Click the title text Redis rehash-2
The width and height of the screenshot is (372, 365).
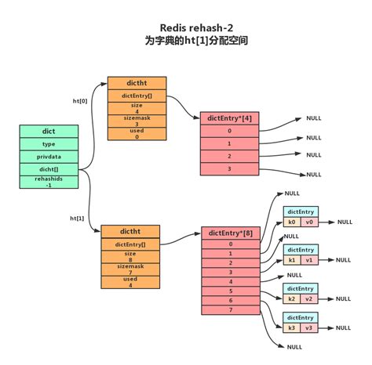(186, 26)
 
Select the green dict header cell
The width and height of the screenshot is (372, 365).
(49, 132)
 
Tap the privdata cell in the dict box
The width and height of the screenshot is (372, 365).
(49, 157)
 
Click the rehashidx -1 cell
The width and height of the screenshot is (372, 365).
(49, 182)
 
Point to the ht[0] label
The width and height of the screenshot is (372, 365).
(80, 101)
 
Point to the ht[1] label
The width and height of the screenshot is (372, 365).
(77, 218)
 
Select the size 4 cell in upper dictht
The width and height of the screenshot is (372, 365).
(137, 108)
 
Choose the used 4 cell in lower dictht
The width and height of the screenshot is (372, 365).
(130, 282)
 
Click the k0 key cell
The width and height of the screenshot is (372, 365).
(292, 222)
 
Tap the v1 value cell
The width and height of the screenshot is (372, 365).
(309, 260)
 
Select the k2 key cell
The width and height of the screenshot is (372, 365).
(292, 298)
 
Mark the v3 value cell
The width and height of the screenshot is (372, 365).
(309, 328)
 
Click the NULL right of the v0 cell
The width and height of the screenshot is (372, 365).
(345, 222)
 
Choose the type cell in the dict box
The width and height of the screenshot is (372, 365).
(49, 144)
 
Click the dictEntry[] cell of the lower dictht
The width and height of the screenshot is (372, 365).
(130, 244)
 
